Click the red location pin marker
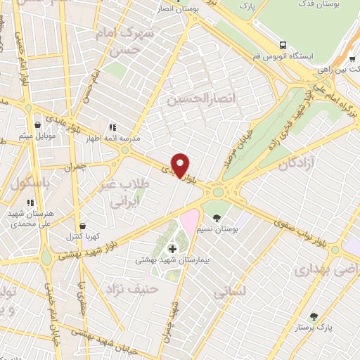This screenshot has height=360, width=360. tap(181, 165)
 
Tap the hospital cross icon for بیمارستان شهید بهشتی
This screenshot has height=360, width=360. tap(172, 249)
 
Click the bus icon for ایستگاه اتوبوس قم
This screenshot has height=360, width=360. tap(282, 44)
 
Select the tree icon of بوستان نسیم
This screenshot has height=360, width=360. tap(217, 217)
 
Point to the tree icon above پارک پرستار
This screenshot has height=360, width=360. tap(314, 316)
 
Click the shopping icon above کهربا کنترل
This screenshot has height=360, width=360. tap(84, 226)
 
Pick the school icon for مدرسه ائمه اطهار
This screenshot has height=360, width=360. tap(111, 126)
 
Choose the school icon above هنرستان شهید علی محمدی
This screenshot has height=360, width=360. tap(30, 202)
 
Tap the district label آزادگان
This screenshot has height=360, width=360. tap(295, 165)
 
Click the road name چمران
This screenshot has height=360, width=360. tap(83, 168)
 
